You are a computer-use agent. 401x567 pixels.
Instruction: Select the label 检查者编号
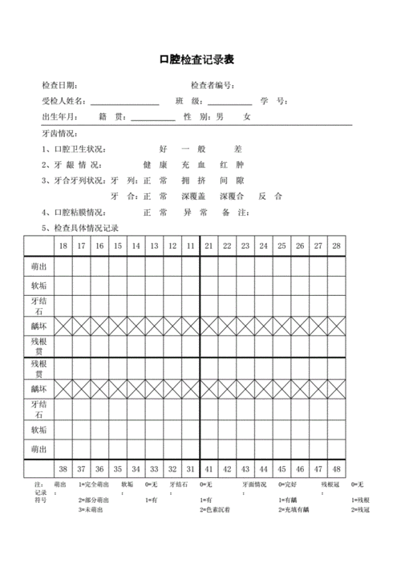211,85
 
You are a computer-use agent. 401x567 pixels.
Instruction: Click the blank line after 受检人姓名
124,102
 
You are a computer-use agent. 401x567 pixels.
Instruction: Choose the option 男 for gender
218,117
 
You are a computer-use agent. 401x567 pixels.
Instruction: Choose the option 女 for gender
248,117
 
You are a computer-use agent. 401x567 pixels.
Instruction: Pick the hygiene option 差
237,149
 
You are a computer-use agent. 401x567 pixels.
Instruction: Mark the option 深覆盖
194,196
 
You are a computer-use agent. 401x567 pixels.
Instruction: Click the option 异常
195,213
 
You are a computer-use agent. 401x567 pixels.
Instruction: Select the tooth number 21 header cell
209,245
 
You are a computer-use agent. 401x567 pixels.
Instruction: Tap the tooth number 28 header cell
337,245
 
